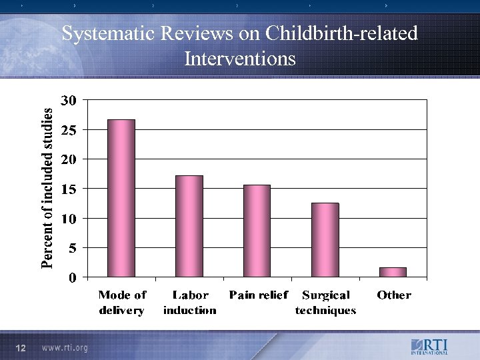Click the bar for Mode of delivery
(121, 198)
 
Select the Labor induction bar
(189, 226)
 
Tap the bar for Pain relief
(257, 231)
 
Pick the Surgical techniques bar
(325, 239)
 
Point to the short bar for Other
(393, 272)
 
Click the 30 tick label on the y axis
(69, 101)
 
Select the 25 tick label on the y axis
(69, 130)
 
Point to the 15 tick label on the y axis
(69, 189)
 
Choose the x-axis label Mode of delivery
(122, 302)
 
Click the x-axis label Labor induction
(190, 302)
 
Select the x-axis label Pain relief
(259, 295)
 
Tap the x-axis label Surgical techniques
(326, 302)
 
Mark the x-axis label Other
(394, 295)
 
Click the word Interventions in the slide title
(240, 59)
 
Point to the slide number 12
(21, 348)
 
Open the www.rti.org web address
(65, 348)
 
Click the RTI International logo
(429, 347)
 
